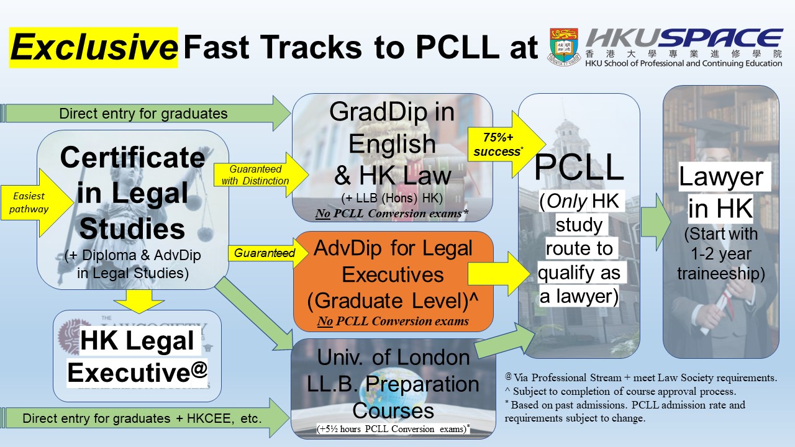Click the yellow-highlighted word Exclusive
pyautogui.click(x=94, y=48)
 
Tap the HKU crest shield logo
pyautogui.click(x=564, y=47)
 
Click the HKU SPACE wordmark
pyautogui.click(x=684, y=38)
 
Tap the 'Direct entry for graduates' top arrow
pyautogui.click(x=145, y=114)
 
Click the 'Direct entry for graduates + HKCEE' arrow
pyautogui.click(x=145, y=418)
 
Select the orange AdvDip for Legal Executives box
pyautogui.click(x=393, y=282)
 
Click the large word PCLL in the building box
pyautogui.click(x=579, y=168)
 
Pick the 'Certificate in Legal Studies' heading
pyautogui.click(x=132, y=192)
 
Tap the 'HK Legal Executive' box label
pyautogui.click(x=137, y=356)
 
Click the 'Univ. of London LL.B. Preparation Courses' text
pyautogui.click(x=393, y=384)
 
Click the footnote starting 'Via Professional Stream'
pyautogui.click(x=640, y=377)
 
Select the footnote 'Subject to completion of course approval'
pyautogui.click(x=620, y=391)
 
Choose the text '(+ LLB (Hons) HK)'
pyautogui.click(x=392, y=198)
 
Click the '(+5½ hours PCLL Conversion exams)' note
pyautogui.click(x=393, y=428)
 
